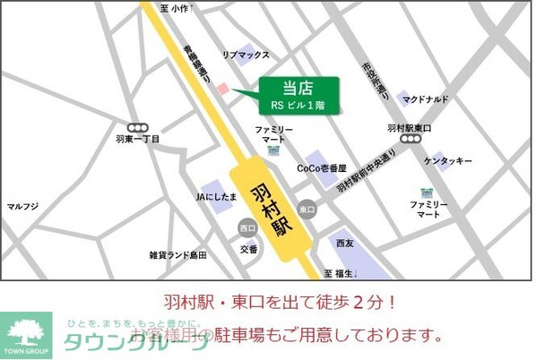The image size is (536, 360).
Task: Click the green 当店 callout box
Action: (299, 95)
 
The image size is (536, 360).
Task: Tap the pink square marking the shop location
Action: (223, 87)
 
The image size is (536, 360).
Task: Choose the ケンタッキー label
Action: (448, 160)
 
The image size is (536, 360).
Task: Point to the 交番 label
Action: (248, 248)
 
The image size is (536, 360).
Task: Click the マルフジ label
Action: (23, 206)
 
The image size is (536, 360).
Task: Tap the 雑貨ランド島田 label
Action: (177, 255)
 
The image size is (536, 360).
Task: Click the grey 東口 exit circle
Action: (307, 208)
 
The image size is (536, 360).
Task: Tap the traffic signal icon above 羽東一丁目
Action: (137, 127)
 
